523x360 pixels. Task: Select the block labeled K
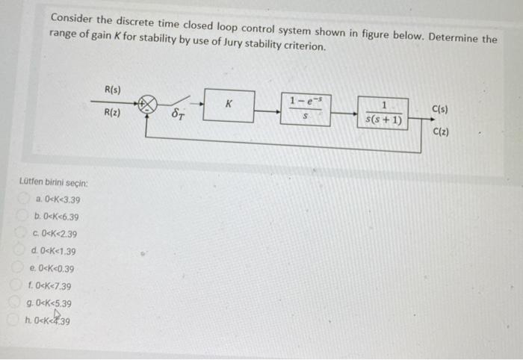229,105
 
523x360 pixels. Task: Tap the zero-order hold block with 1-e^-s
306,109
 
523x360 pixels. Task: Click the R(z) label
114,114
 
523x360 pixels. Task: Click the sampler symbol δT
179,116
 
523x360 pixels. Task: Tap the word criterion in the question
303,46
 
